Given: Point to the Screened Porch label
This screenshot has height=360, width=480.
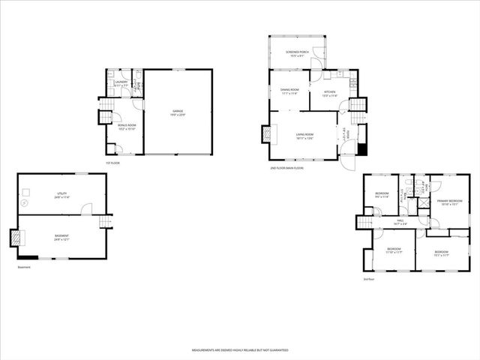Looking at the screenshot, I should pos(298,53).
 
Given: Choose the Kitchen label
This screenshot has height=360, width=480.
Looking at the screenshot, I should pos(329,93).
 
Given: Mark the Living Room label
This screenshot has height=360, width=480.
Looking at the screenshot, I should pos(304,136).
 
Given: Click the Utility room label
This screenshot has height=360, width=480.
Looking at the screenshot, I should pos(61,196).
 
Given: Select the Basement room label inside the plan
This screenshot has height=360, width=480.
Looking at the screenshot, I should pos(61,237).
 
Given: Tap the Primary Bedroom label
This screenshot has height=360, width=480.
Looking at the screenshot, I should pos(448,202).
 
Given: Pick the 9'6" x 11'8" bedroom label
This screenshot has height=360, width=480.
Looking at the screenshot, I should pos(382,195).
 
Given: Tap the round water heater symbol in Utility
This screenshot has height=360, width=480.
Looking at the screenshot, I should pos(25,202).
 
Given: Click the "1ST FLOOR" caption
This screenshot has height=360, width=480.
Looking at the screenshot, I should pos(112,163).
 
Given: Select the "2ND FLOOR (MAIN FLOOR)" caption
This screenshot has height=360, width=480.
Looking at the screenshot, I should pos(286,168).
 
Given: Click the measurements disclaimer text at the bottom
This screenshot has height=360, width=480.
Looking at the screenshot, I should pos(239,350).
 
